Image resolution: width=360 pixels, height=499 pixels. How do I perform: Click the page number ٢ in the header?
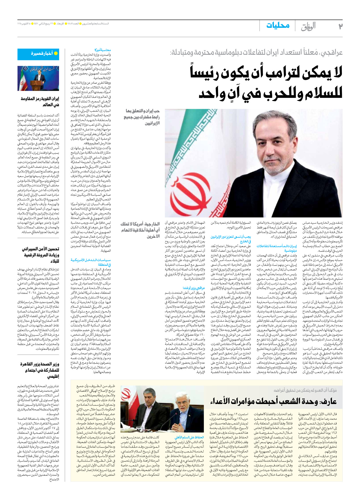pyautogui.click(x=340, y=26)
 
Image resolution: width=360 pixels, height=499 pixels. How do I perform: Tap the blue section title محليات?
pyautogui.click(x=278, y=26)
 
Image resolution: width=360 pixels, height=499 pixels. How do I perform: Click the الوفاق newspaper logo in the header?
pyautogui.click(x=308, y=26)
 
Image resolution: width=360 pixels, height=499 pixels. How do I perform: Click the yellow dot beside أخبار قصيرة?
pyautogui.click(x=56, y=54)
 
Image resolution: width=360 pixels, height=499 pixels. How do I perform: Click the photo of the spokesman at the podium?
pyautogui.click(x=38, y=78)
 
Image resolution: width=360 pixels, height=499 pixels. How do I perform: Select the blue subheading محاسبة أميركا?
pyautogui.click(x=103, y=50)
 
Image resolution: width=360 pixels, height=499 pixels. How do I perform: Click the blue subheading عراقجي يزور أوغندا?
pyautogui.click(x=194, y=288)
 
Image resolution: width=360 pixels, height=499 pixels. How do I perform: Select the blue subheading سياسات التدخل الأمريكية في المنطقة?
pyautogui.click(x=91, y=262)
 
